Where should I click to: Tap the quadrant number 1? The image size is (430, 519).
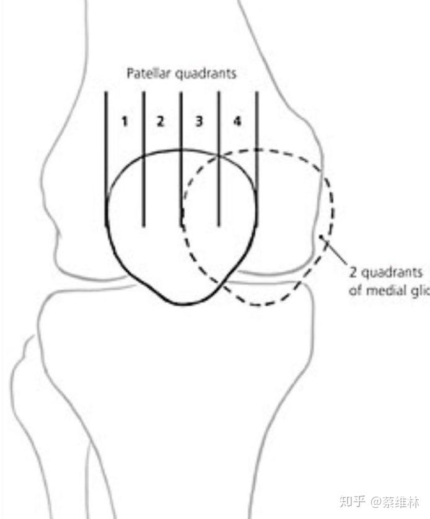[x=124, y=121]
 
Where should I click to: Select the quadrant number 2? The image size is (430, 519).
[x=160, y=121]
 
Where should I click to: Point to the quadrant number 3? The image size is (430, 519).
[x=199, y=121]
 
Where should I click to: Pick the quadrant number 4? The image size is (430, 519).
[x=237, y=121]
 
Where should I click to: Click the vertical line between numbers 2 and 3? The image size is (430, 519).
[x=181, y=124]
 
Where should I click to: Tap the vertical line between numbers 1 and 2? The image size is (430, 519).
[x=143, y=124]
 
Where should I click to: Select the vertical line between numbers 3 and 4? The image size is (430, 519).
[x=219, y=124]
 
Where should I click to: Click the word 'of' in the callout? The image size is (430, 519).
[x=355, y=290]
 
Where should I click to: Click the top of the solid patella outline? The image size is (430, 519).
[x=180, y=150]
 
